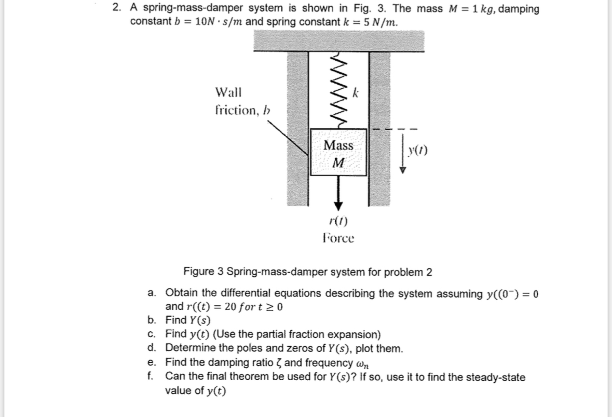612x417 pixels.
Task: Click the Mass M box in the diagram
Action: pyautogui.click(x=338, y=153)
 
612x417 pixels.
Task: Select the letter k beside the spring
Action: pyautogui.click(x=356, y=94)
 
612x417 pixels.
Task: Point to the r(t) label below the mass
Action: pyautogui.click(x=338, y=221)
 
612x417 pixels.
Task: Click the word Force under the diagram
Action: pyautogui.click(x=338, y=238)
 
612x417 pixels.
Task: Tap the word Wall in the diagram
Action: pyautogui.click(x=228, y=93)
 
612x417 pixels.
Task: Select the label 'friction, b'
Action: pyautogui.click(x=242, y=110)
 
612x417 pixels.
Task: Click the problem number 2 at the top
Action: pyautogui.click(x=117, y=9)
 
